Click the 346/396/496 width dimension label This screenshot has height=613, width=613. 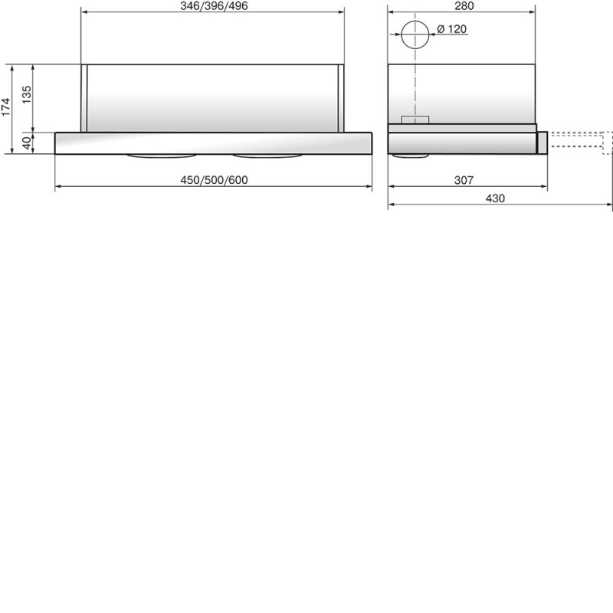point(214,6)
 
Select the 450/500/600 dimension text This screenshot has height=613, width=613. point(214,180)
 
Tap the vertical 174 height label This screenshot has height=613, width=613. point(6,107)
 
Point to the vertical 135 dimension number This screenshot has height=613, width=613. point(27,94)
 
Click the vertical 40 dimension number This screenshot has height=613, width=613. point(27,143)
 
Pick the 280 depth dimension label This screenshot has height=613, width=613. point(464,6)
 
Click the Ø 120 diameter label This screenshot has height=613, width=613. point(451,29)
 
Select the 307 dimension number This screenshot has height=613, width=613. point(464,180)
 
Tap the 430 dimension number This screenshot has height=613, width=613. point(495,198)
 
